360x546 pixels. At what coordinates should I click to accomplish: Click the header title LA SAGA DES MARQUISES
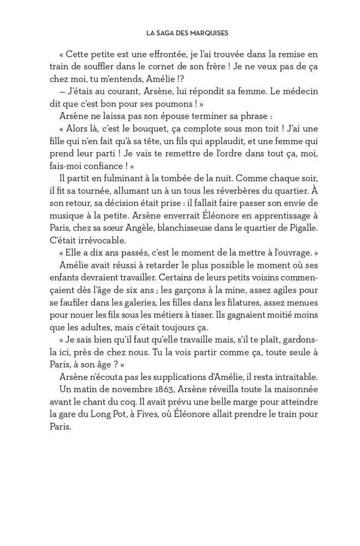tap(187, 33)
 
